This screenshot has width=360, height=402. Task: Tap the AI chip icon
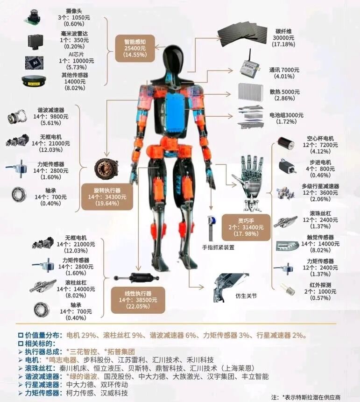pyautogui.click(x=35, y=63)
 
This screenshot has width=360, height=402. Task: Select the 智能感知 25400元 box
pyautogui.click(x=135, y=48)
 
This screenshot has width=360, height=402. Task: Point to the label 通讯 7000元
pyautogui.click(x=284, y=70)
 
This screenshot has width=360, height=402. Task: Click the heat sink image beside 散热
pyautogui.click(x=251, y=92)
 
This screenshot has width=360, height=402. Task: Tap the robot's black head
pyautogui.click(x=174, y=59)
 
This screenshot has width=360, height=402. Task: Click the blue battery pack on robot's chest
pyautogui.click(x=176, y=113)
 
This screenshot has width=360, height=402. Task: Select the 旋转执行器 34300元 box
pyautogui.click(x=107, y=197)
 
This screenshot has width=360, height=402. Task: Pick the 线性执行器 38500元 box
pyautogui.click(x=138, y=300)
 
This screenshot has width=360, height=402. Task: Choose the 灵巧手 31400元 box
pyautogui.click(x=246, y=227)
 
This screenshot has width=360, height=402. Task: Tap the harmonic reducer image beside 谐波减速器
pyautogui.click(x=17, y=117)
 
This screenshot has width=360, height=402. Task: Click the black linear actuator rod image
pyautogui.click(x=136, y=278)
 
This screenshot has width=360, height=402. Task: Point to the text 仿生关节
pyautogui.click(x=246, y=296)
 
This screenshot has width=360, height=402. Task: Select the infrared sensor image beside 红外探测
pyautogui.click(x=287, y=289)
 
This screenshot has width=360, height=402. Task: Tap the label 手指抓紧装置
pyautogui.click(x=218, y=247)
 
